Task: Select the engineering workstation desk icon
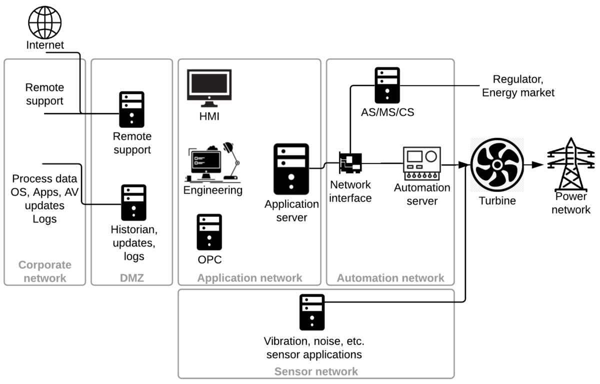212,162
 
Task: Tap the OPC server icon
209,232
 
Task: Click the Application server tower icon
291,169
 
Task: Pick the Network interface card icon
350,162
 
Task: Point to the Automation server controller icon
422,163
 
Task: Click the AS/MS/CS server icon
387,85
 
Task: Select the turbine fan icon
497,164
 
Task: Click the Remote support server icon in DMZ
131,109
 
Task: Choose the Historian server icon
133,202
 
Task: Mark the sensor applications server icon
312,312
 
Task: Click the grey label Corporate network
44,271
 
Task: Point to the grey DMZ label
131,278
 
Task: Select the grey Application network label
249,278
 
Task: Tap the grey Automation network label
390,278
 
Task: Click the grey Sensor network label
316,371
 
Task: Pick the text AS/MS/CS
387,112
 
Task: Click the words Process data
44,179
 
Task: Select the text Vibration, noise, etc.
314,342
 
